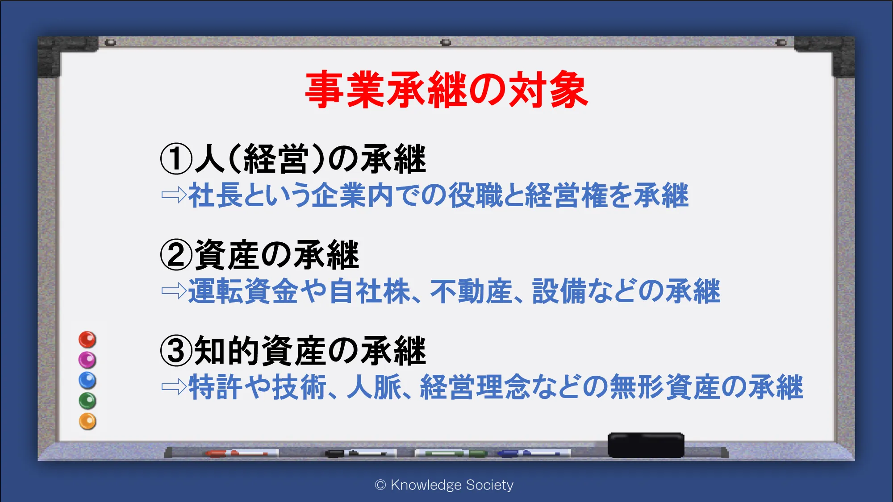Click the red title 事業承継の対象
click(446, 90)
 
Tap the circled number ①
click(176, 159)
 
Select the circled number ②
click(176, 255)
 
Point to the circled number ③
click(176, 351)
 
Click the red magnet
click(88, 340)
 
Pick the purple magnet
click(88, 360)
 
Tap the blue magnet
click(88, 380)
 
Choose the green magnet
click(88, 401)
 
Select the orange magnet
click(88, 421)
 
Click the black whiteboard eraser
click(646, 445)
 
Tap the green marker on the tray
click(451, 453)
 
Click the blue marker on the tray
click(534, 453)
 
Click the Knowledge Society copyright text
click(444, 485)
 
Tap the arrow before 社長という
click(174, 195)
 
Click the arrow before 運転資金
click(174, 291)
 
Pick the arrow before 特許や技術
click(174, 387)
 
